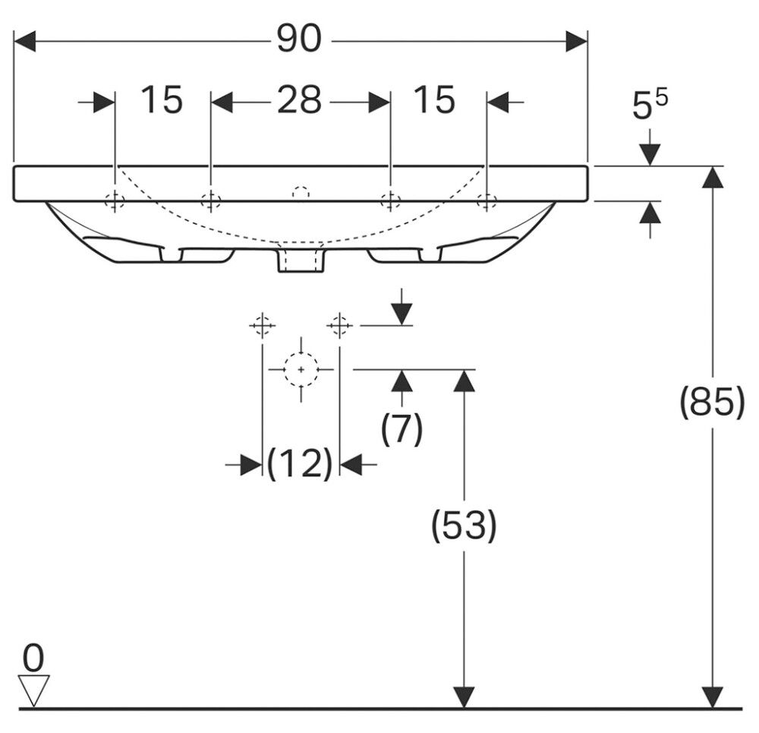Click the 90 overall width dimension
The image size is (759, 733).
click(x=298, y=39)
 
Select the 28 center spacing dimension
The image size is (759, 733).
click(x=299, y=100)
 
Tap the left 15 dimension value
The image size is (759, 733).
click(x=162, y=100)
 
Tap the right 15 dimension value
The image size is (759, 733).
click(x=435, y=100)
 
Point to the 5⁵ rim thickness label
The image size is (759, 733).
click(x=650, y=104)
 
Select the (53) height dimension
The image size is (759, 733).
click(x=464, y=525)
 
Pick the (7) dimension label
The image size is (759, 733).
click(x=402, y=428)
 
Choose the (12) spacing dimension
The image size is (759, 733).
click(x=300, y=463)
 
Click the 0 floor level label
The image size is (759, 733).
click(x=33, y=659)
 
